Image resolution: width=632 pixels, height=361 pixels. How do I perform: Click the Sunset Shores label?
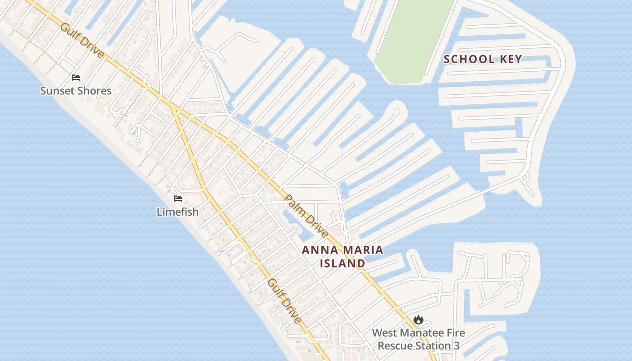(76, 91)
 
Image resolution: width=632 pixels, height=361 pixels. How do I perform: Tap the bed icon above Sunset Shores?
(76, 78)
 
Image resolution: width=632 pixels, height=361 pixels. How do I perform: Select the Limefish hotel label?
(177, 211)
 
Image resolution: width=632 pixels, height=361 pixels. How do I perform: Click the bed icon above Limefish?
(178, 199)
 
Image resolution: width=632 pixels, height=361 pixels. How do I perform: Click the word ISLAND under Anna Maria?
(343, 263)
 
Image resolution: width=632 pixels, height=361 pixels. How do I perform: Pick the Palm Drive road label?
(307, 216)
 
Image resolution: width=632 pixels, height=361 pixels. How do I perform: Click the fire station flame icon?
(418, 319)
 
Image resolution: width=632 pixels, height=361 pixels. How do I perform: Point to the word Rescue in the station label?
(394, 346)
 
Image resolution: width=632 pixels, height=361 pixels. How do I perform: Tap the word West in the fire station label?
(384, 333)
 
